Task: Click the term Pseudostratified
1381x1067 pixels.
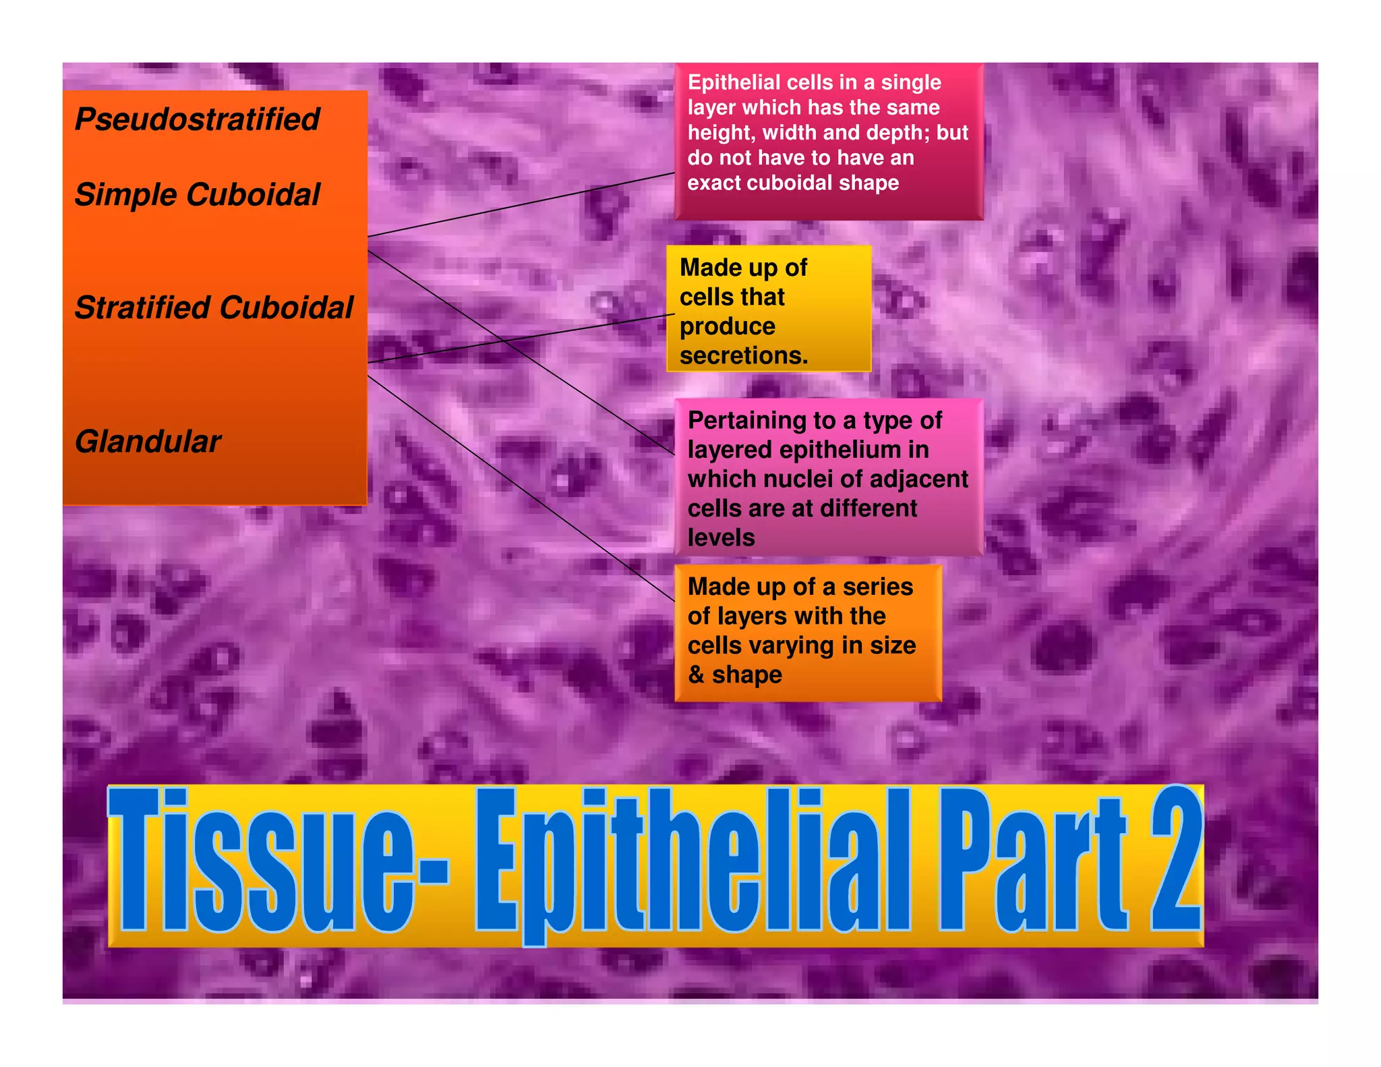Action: [x=197, y=119]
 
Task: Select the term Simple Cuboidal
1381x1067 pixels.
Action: [x=197, y=195]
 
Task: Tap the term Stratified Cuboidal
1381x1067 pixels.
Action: [x=214, y=308]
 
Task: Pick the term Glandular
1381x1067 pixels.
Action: [x=148, y=442]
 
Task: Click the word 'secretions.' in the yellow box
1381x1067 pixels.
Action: [x=743, y=355]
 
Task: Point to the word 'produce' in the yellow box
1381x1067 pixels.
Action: [x=727, y=326]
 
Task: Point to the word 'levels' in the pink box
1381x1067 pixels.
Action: [x=721, y=538]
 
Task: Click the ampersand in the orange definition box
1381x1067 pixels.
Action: [x=696, y=674]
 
